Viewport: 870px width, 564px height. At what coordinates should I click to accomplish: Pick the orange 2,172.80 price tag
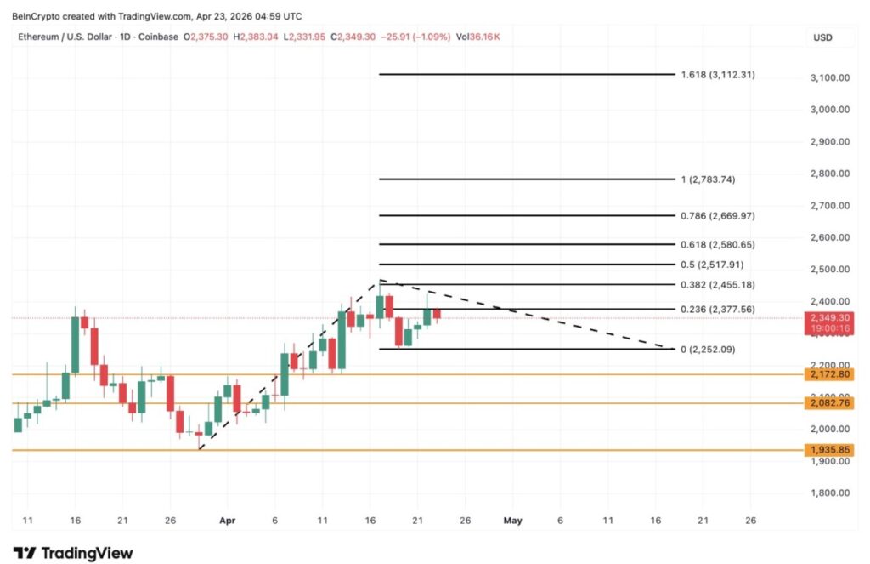click(829, 374)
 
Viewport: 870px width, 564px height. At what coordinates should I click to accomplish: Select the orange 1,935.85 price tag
click(829, 450)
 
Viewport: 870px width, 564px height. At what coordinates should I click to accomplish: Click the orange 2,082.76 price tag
click(829, 403)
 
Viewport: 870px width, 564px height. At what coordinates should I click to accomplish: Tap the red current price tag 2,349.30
click(829, 317)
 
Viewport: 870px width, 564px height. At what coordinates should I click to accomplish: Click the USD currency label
click(822, 37)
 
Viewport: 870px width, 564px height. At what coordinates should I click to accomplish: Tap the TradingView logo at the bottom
click(73, 553)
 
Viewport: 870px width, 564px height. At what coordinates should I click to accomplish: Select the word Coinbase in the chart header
click(156, 37)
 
